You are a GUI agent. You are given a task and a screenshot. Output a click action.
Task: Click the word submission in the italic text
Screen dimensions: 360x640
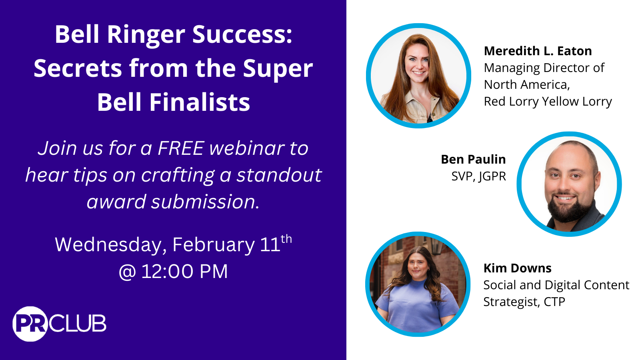coord(203,202)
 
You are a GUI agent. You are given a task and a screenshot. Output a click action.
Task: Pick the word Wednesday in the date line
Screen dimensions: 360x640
coord(110,245)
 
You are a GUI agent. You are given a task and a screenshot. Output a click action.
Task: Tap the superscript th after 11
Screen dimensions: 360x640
coord(286,239)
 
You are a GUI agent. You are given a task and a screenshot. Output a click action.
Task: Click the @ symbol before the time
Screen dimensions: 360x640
coord(127,272)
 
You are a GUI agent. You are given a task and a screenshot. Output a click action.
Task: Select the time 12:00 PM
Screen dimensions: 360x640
coord(184,272)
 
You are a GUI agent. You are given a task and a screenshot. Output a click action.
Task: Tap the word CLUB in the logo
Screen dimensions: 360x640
coord(78,324)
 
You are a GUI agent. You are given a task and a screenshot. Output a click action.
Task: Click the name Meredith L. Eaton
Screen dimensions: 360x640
coord(538,51)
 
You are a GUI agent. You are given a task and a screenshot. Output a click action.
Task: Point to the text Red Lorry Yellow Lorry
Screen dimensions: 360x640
coord(548,102)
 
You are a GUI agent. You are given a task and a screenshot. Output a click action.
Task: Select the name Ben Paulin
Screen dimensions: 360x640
coord(473,160)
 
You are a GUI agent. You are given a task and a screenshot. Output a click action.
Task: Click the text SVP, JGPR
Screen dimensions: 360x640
coord(478,176)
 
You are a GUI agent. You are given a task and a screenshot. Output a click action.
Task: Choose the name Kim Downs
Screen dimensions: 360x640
coord(517,268)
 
